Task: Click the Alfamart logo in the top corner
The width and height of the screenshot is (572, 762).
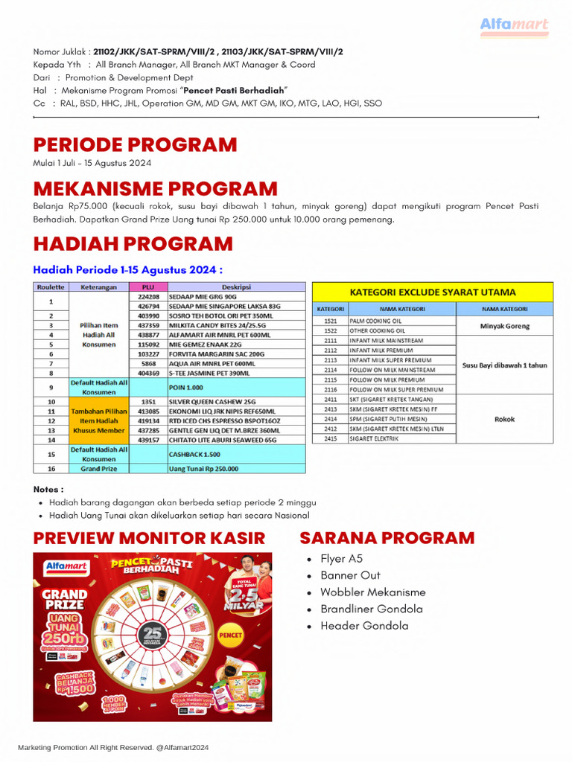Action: (514, 26)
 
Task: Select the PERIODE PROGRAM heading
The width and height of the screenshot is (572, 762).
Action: (135, 144)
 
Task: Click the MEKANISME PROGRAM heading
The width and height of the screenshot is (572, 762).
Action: (155, 188)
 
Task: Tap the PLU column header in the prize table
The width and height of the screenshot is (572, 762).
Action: (147, 286)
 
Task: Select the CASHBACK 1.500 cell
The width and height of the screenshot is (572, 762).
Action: (194, 454)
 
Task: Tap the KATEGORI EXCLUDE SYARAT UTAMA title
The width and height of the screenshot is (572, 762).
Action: (432, 292)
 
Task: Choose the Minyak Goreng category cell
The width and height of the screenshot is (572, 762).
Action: (505, 325)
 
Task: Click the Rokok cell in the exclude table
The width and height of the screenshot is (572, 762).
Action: (505, 419)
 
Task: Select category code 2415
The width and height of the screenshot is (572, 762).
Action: (329, 438)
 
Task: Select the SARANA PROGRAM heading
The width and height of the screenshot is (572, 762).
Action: (387, 538)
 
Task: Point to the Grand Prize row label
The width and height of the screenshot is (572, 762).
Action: (99, 468)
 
